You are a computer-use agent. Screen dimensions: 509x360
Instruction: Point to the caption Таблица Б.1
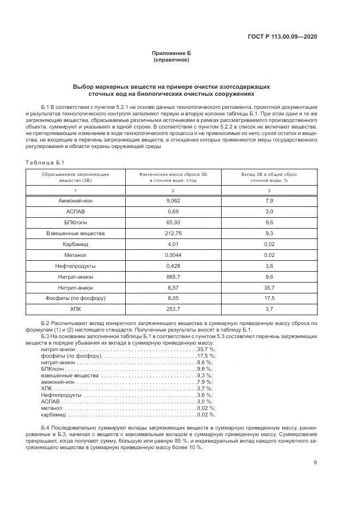tap(45, 162)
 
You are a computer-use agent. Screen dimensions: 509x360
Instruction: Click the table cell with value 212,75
tap(173, 233)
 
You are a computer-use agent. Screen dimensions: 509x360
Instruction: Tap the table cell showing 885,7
tap(173, 277)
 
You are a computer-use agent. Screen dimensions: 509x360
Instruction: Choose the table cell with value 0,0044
tap(173, 255)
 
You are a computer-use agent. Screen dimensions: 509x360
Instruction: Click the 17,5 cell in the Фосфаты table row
tap(269, 298)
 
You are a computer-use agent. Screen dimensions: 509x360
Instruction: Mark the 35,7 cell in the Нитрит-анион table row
tap(269, 287)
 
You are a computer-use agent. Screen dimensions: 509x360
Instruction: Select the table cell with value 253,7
tap(173, 309)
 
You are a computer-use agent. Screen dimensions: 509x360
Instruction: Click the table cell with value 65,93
tap(173, 222)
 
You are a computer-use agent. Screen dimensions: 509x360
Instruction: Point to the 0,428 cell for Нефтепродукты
tap(173, 266)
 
